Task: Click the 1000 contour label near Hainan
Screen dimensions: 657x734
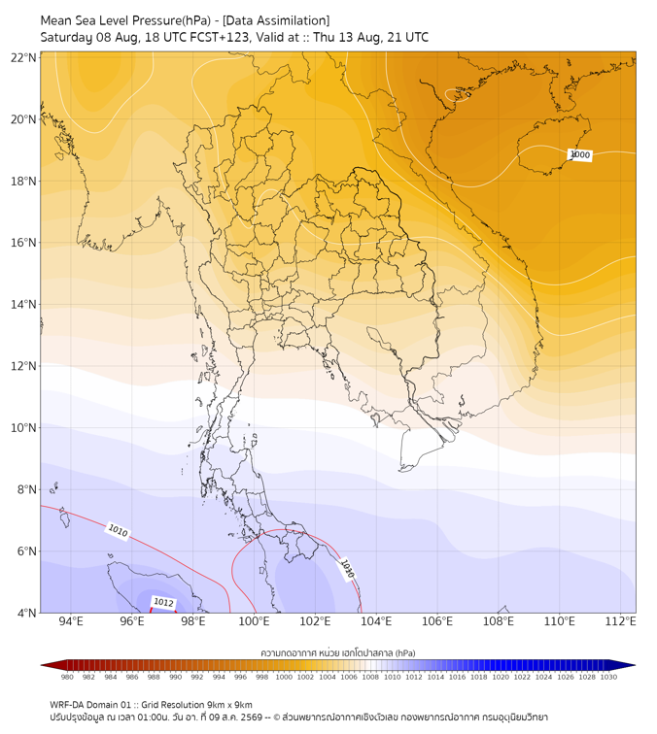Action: (x=579, y=155)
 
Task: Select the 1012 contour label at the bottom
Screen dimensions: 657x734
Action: (x=163, y=603)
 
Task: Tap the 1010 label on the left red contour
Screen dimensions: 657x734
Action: (x=118, y=531)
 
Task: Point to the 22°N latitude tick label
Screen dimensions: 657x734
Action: (x=23, y=57)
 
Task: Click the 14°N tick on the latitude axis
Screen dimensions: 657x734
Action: (x=23, y=304)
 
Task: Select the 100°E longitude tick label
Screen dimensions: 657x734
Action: (x=254, y=621)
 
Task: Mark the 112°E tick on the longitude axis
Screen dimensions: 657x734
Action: (x=620, y=621)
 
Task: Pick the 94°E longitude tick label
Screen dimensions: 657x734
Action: (x=71, y=621)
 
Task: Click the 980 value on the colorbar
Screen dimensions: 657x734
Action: (x=67, y=677)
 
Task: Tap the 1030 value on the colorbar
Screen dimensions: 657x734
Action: (x=608, y=677)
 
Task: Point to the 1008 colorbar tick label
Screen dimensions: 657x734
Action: (x=370, y=677)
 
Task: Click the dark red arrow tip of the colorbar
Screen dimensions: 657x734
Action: (x=42, y=665)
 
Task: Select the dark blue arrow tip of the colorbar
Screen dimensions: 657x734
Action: (x=634, y=665)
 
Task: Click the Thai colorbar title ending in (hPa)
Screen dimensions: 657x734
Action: (x=338, y=652)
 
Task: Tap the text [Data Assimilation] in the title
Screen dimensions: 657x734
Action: (x=276, y=20)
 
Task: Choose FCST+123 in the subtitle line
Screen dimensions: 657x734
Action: (x=220, y=38)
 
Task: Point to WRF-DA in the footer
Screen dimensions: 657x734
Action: (x=65, y=705)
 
